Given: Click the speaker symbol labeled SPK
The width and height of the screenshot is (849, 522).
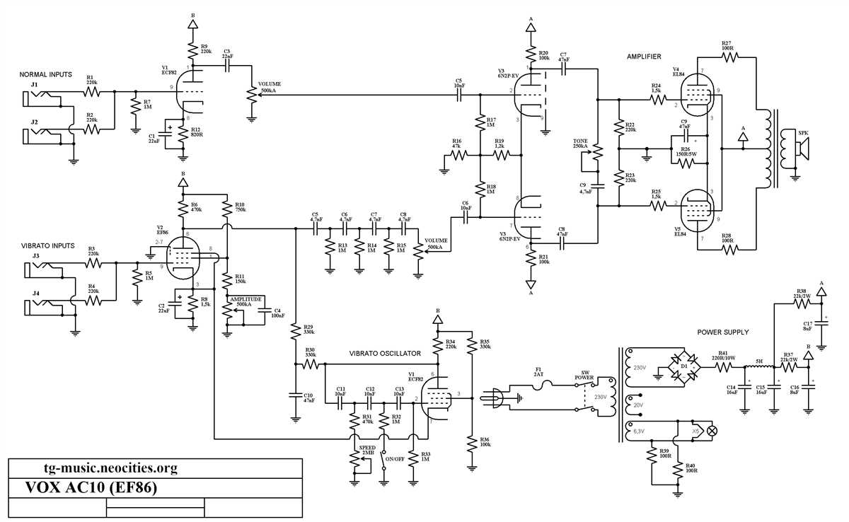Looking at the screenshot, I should point(798,148).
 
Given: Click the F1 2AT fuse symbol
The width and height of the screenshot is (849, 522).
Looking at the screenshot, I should point(546,385).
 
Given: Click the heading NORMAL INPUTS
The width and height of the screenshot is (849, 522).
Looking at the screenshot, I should point(48,74).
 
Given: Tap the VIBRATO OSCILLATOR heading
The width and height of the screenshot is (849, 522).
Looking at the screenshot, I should point(385,354).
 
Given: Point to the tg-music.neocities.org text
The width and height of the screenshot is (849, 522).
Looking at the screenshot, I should point(110,468).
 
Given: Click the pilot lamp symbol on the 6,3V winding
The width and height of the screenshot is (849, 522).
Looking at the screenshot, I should point(712,430).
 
